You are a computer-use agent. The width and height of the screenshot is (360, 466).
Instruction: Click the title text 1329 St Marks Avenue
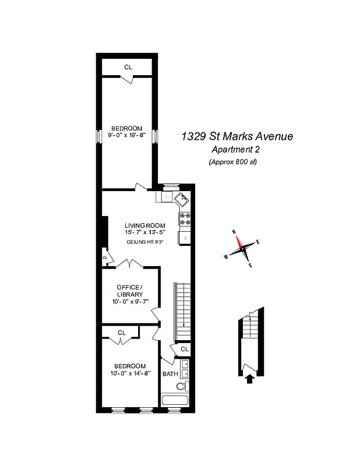click(x=237, y=137)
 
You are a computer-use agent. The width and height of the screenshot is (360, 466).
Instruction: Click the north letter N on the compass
click(x=234, y=232)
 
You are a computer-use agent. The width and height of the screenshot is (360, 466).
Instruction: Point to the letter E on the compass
click(x=257, y=242)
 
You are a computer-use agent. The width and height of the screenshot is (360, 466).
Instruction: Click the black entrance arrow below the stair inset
click(x=250, y=379)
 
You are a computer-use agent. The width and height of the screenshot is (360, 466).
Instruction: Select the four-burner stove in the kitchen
click(x=185, y=218)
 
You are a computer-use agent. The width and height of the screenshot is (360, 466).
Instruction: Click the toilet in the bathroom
click(x=182, y=386)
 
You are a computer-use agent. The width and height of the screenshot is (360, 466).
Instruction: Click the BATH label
click(x=170, y=374)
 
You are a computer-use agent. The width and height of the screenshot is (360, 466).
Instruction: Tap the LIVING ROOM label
click(x=145, y=225)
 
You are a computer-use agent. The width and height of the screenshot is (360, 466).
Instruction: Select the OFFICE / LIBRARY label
click(x=129, y=291)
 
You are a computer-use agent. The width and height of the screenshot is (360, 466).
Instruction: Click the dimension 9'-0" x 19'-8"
click(x=128, y=135)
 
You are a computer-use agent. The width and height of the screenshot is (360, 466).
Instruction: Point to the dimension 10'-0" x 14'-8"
click(x=130, y=373)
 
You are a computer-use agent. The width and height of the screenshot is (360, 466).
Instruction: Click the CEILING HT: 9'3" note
click(x=145, y=242)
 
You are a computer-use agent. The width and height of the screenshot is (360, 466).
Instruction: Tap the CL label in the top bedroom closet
click(x=128, y=67)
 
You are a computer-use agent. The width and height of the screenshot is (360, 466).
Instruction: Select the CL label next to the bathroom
click(x=184, y=349)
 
